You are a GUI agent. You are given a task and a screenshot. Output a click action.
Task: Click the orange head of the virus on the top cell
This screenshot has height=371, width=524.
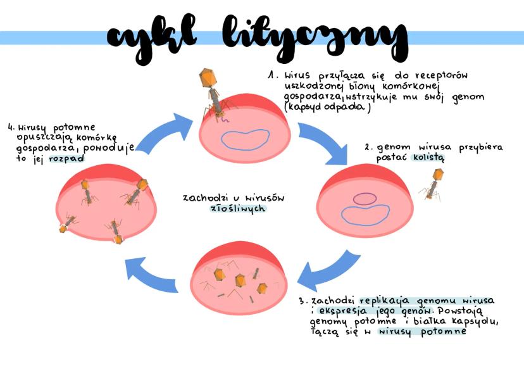208,78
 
